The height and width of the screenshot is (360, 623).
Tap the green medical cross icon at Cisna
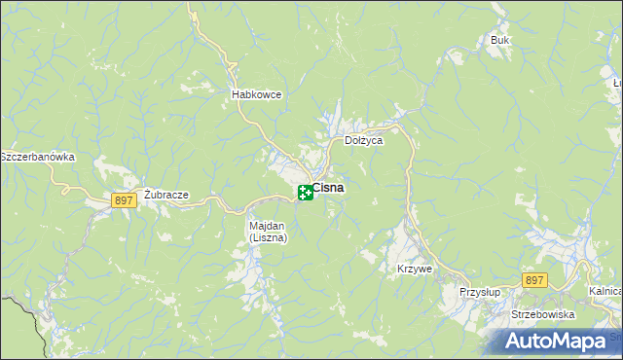[305, 193]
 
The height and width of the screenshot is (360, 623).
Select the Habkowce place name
[256, 94]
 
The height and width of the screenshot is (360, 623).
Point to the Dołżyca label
[364, 140]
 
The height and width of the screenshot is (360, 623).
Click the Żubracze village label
[165, 194]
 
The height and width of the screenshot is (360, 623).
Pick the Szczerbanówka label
[37, 157]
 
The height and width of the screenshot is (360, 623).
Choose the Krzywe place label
[414, 269]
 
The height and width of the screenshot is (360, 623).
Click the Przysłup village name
[479, 291]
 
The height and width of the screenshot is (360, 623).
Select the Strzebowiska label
[543, 315]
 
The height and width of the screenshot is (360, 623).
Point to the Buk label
[500, 41]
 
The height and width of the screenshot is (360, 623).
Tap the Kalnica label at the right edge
[605, 291]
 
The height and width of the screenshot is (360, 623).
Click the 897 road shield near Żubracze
[123, 200]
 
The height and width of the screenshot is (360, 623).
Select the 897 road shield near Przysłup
[533, 280]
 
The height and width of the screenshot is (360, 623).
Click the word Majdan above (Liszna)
[265, 226]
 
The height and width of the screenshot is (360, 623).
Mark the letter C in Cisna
[316, 188]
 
